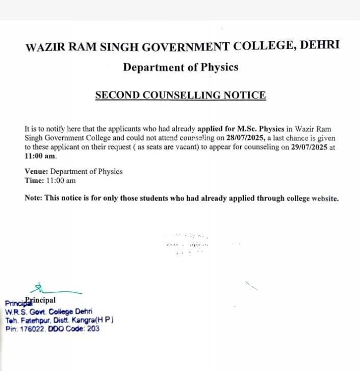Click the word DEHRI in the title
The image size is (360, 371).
(x=320, y=46)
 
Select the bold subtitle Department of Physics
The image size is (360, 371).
(x=181, y=67)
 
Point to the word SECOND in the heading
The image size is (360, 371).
(x=115, y=95)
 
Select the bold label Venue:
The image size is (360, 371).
(x=37, y=171)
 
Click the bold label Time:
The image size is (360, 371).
(x=34, y=180)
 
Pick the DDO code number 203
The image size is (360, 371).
(x=93, y=329)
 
